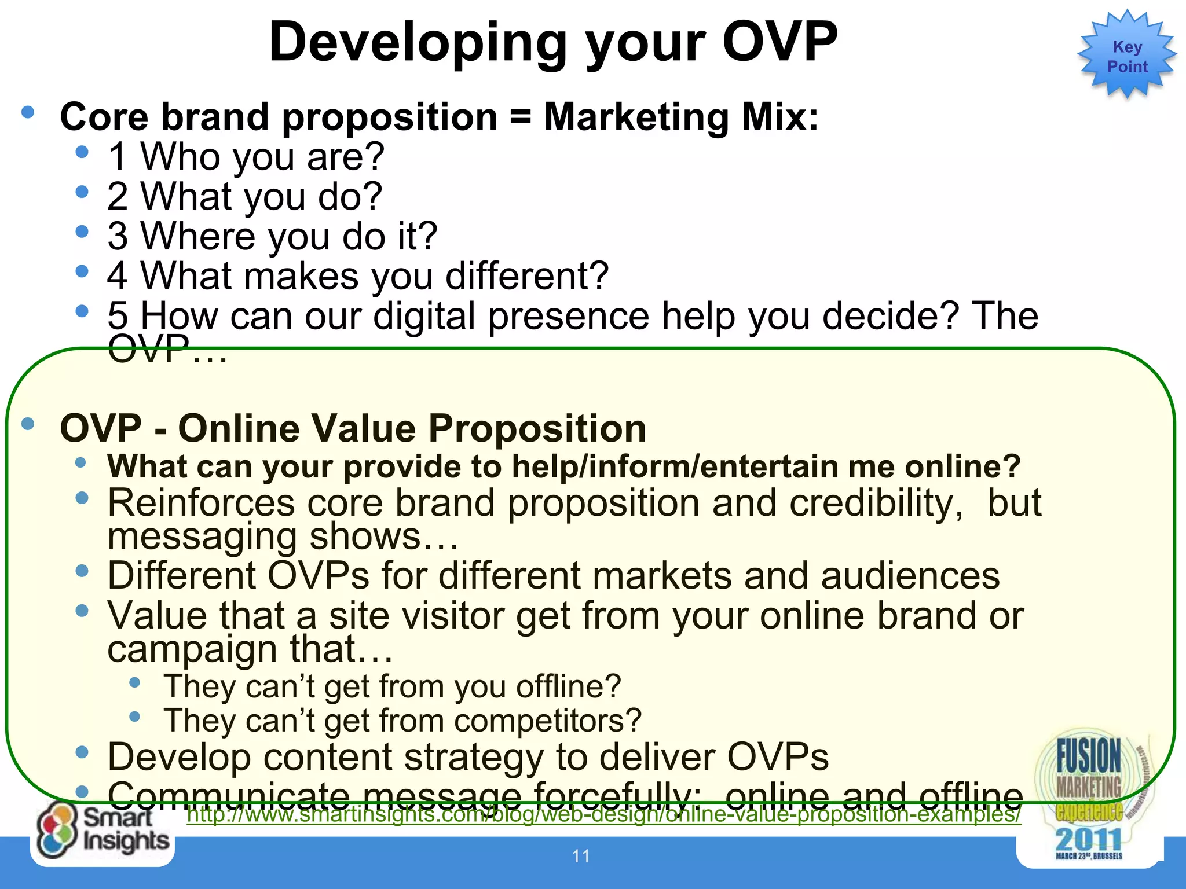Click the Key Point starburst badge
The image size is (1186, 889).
pyautogui.click(x=1126, y=56)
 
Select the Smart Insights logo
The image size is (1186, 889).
pyautogui.click(x=103, y=831)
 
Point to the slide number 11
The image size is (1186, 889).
pyautogui.click(x=581, y=856)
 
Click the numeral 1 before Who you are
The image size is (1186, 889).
pyautogui.click(x=118, y=157)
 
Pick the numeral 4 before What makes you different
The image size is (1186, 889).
pyautogui.click(x=118, y=276)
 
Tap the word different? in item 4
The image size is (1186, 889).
pyautogui.click(x=527, y=276)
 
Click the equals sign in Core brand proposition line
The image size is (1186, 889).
pyautogui.click(x=521, y=117)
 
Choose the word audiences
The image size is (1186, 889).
pyautogui.click(x=910, y=576)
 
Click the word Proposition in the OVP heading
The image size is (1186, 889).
pyautogui.click(x=537, y=429)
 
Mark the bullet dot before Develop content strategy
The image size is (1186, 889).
pyautogui.click(x=82, y=752)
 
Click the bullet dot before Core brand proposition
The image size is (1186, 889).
pyautogui.click(x=27, y=112)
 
